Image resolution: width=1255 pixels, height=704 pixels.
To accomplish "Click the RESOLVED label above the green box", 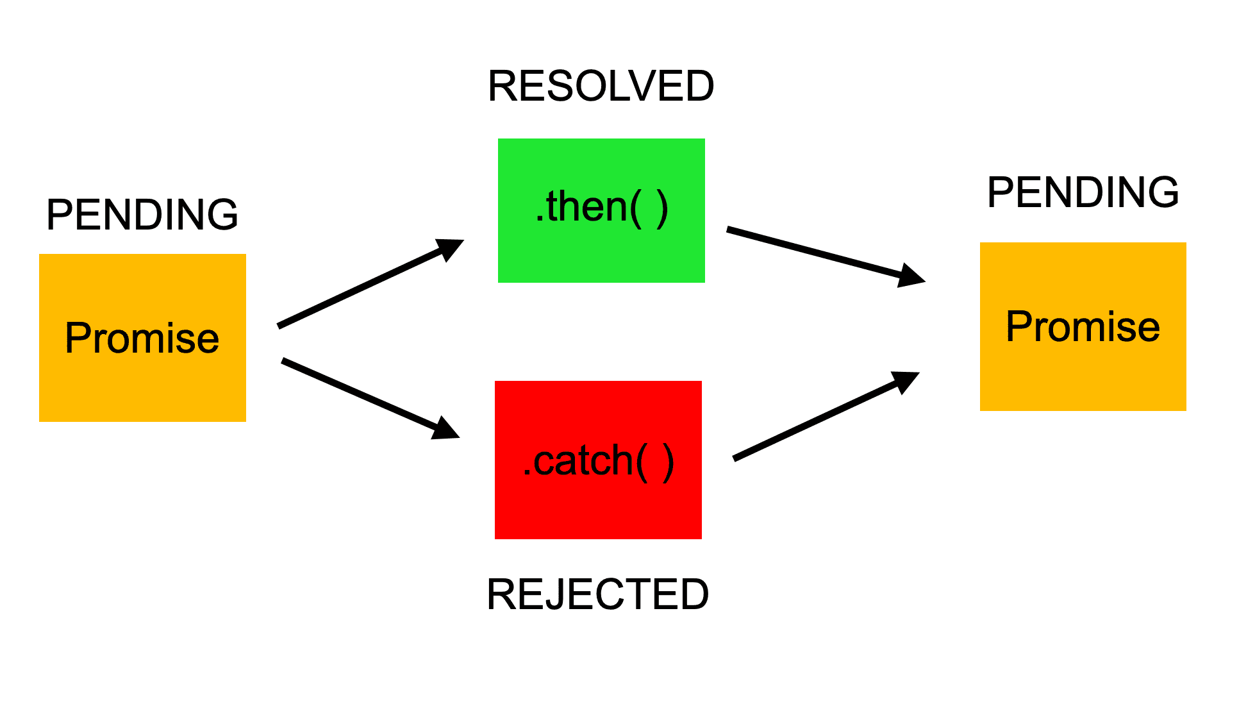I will [x=601, y=86].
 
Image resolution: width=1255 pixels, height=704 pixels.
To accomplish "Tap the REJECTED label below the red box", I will [x=597, y=594].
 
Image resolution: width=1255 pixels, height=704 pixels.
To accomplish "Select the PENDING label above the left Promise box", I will [x=142, y=214].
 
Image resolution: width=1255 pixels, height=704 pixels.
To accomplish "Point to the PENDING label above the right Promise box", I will [x=1083, y=192].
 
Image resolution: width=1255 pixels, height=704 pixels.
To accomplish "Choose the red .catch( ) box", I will [x=598, y=507].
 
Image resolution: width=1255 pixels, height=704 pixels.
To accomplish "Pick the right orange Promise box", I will [x=1083, y=378].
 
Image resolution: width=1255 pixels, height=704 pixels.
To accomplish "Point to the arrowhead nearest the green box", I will [x=451, y=248].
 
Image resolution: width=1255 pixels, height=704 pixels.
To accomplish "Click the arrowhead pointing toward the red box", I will [x=446, y=429].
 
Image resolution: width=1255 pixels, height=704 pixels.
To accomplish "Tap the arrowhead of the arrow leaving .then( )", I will [x=911, y=276].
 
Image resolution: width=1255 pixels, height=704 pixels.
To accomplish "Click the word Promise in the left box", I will [x=142, y=338].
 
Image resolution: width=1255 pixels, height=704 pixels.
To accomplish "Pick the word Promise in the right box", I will [x=1083, y=326].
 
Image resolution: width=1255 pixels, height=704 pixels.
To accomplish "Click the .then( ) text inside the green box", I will [x=601, y=207].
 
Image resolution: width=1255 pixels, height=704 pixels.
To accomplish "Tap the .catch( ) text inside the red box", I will [x=598, y=460].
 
